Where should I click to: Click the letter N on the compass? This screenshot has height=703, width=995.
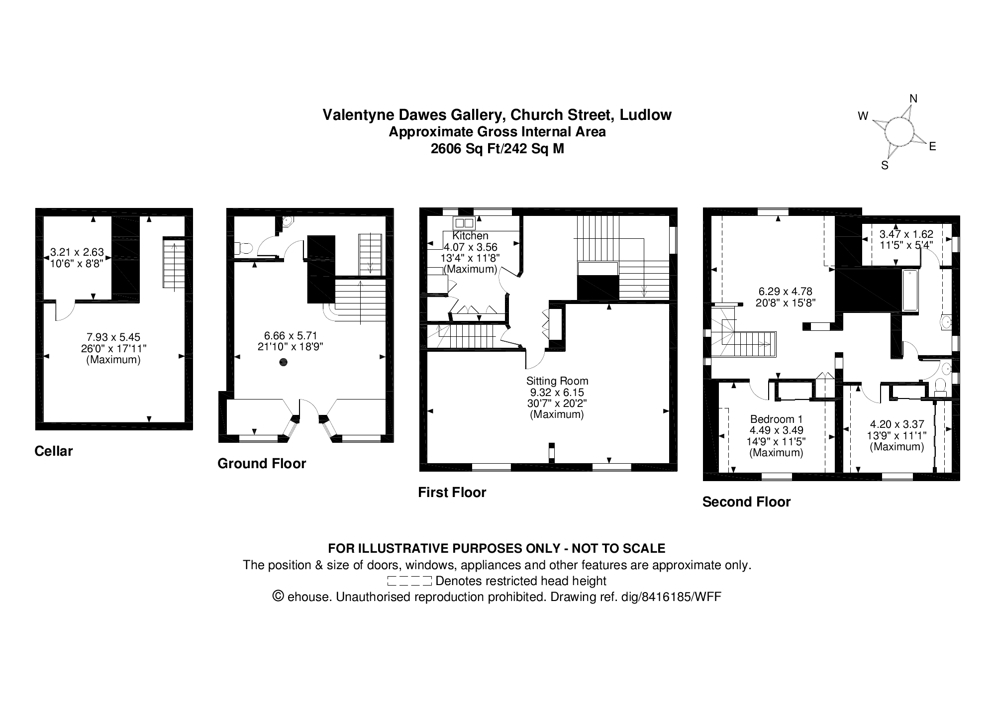tap(913, 99)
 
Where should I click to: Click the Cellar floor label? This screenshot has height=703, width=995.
tap(54, 451)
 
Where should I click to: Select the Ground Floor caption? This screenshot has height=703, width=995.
tap(262, 464)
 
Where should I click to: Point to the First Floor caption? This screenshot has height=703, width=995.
tap(452, 493)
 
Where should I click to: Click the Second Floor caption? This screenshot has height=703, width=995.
tap(746, 502)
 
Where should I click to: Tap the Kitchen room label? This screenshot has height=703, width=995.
tap(470, 236)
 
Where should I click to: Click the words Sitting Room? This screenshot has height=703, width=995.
tap(557, 381)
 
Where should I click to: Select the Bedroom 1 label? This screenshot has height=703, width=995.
tap(776, 419)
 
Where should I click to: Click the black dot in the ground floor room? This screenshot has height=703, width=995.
tap(284, 362)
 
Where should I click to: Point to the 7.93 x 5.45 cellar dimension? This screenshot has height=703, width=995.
tap(113, 337)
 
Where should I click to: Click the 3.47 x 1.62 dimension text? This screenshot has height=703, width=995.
tap(906, 234)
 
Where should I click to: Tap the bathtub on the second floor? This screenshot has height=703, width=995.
tap(910, 291)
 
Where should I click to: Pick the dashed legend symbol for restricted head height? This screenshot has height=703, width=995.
tap(409, 581)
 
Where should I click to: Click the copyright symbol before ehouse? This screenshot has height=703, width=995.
tap(278, 597)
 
